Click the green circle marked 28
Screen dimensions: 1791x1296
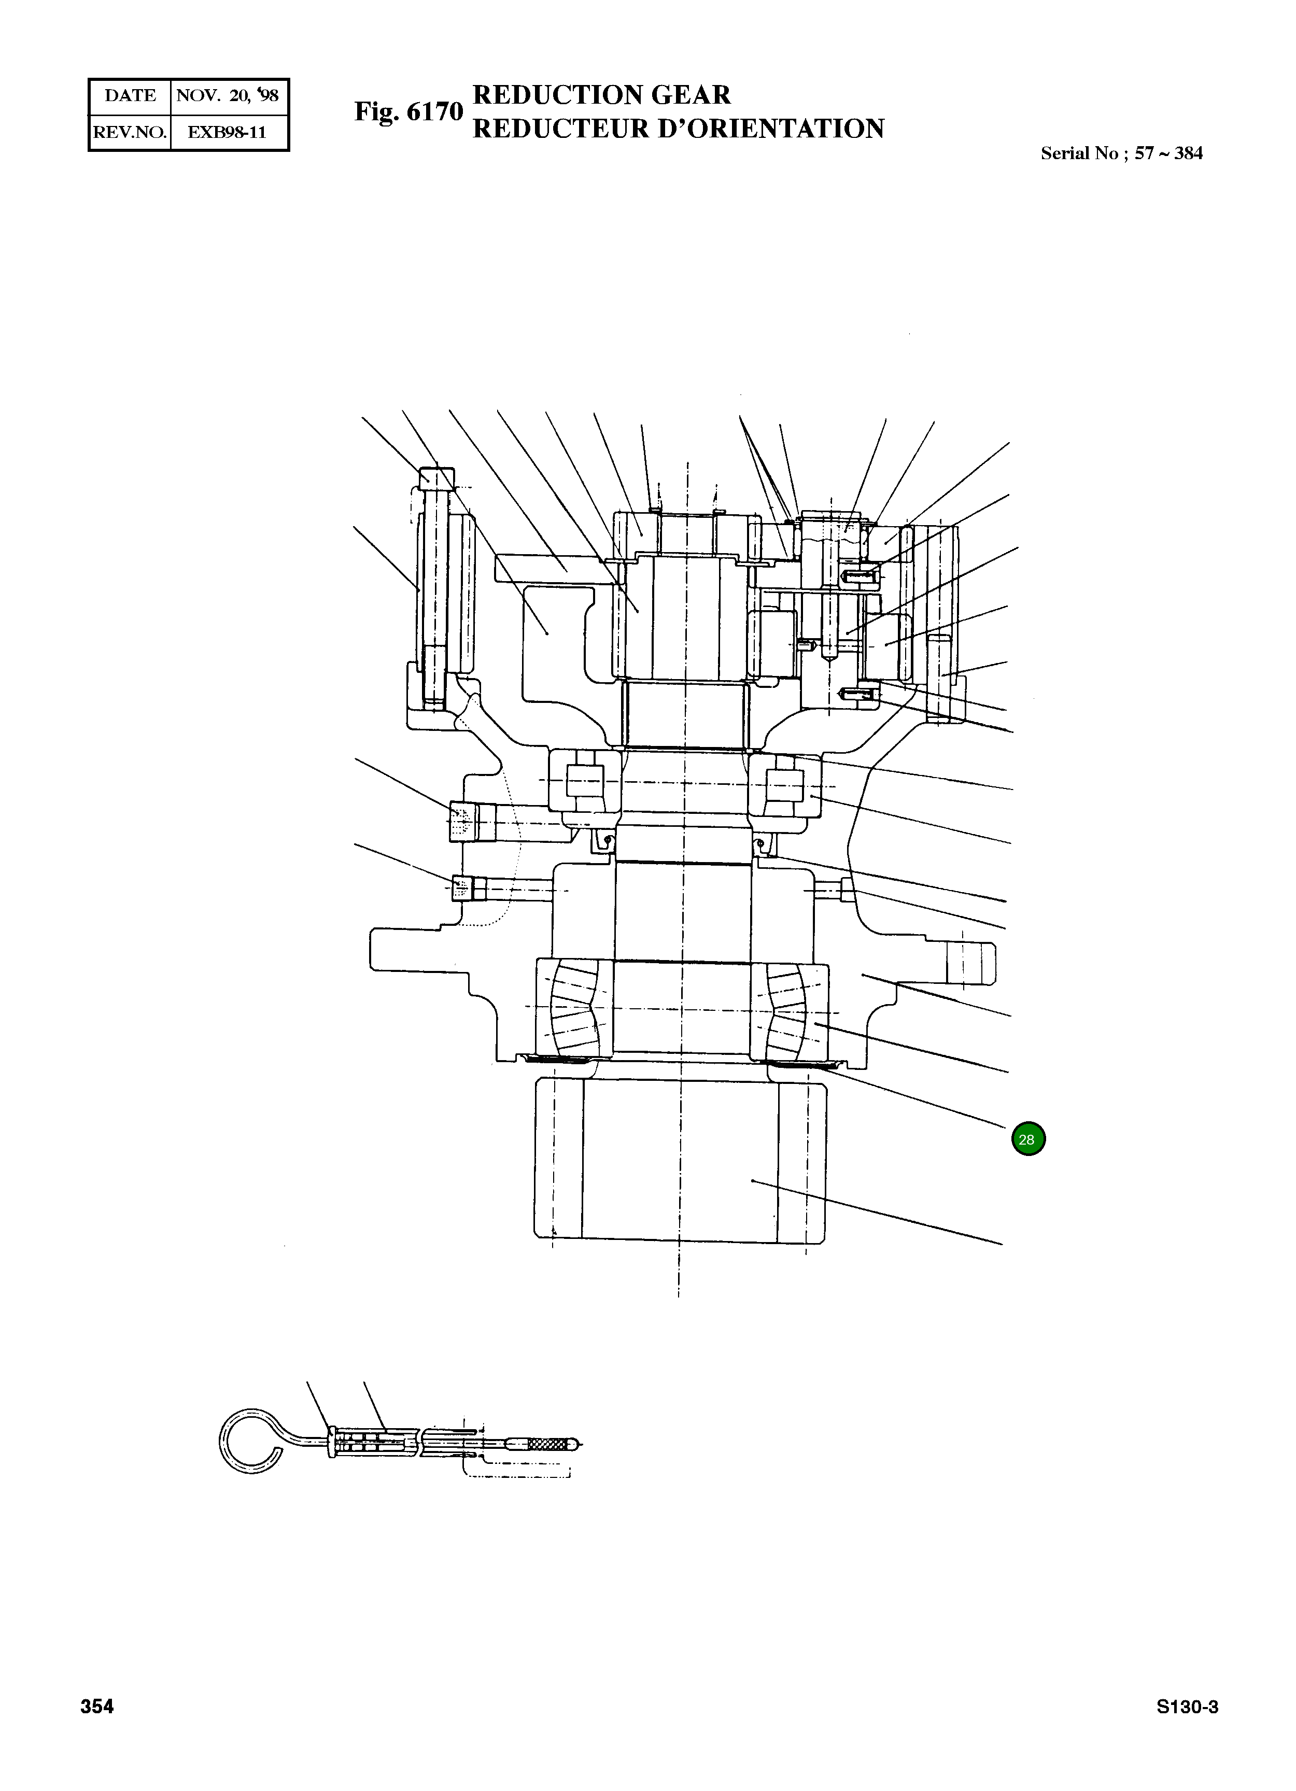click(1027, 1139)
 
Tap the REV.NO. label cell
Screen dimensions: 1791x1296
click(130, 132)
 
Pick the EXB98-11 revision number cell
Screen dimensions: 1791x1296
click(228, 132)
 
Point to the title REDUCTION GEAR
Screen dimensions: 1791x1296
click(601, 95)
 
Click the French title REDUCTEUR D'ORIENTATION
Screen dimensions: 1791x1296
click(678, 129)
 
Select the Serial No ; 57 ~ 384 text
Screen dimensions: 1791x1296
click(1121, 154)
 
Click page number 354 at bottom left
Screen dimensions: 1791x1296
click(97, 1708)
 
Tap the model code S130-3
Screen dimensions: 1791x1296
click(1187, 1708)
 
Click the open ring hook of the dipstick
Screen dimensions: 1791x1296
click(249, 1440)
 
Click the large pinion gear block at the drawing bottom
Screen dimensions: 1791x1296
click(679, 1161)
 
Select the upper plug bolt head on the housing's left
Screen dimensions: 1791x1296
click(463, 821)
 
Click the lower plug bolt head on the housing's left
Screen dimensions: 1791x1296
click(462, 889)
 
